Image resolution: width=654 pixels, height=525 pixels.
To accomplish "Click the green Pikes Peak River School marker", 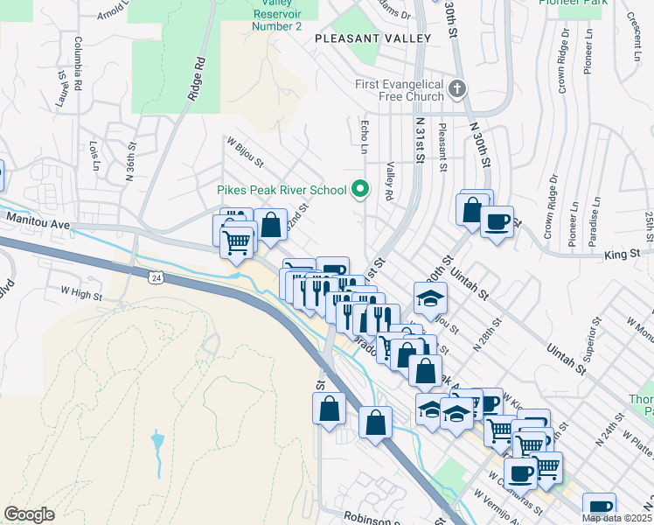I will (358, 189).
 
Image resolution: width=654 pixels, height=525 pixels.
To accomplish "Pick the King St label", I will (618, 255).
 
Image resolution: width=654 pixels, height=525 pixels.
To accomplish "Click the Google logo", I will (29, 514).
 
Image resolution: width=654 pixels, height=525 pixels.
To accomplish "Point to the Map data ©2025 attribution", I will (616, 518).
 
